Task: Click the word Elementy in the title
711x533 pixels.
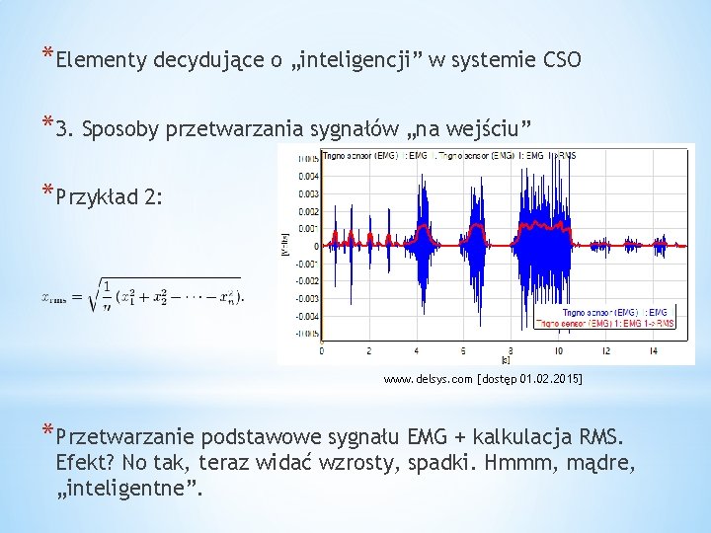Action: coord(102,61)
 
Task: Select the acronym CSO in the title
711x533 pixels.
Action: coord(561,61)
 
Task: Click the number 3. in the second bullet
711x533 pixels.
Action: coord(67,128)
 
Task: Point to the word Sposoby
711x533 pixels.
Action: coord(121,128)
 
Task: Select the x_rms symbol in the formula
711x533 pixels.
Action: coord(54,296)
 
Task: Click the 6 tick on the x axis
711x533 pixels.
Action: coord(462,350)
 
